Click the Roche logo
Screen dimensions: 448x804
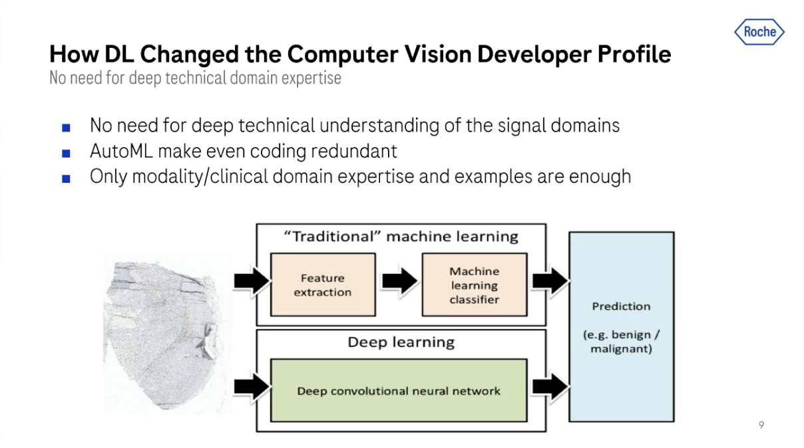tap(759, 32)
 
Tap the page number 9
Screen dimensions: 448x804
tap(761, 425)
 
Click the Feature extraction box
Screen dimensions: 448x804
tap(323, 284)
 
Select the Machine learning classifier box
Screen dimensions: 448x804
tap(474, 284)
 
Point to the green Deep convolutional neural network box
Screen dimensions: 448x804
tap(398, 390)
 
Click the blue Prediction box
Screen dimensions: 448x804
tap(621, 326)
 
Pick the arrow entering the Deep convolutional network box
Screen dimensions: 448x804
tap(252, 386)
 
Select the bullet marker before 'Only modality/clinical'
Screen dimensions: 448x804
tap(65, 178)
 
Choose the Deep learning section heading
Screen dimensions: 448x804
tap(401, 342)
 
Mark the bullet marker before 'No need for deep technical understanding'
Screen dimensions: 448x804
tap(65, 126)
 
